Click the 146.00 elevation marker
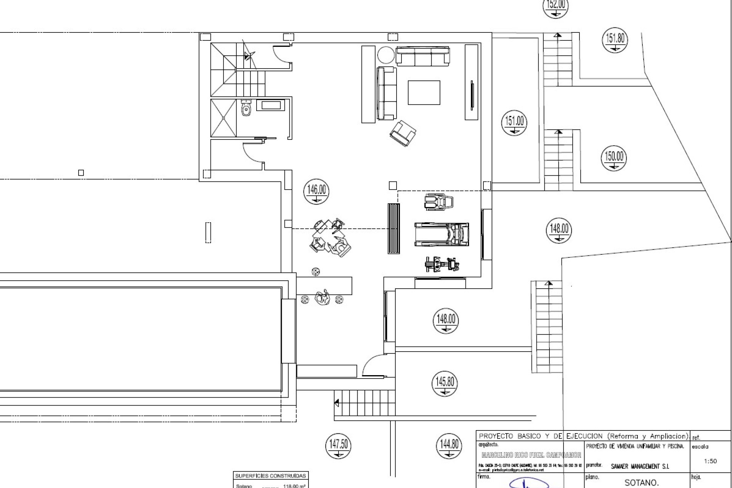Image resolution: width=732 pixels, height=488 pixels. [316, 191]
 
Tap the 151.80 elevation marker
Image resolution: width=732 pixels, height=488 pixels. [615, 40]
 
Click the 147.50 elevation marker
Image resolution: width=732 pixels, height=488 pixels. [338, 446]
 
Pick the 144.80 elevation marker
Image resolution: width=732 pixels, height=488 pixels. [449, 446]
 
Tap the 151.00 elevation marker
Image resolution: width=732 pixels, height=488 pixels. [514, 123]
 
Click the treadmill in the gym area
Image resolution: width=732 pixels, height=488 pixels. [441, 234]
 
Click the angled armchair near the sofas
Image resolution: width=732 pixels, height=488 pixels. [403, 133]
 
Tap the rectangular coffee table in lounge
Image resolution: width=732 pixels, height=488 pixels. [424, 92]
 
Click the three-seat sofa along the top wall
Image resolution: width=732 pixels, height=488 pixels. [422, 56]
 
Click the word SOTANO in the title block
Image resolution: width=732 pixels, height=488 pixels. [641, 483]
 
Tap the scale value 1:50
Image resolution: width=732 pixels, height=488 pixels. [710, 461]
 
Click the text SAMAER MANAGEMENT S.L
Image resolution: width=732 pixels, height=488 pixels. [640, 466]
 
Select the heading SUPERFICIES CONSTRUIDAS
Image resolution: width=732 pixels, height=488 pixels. [270, 476]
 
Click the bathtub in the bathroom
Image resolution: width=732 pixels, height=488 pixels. [270, 105]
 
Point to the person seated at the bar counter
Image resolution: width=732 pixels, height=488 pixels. [322, 297]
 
